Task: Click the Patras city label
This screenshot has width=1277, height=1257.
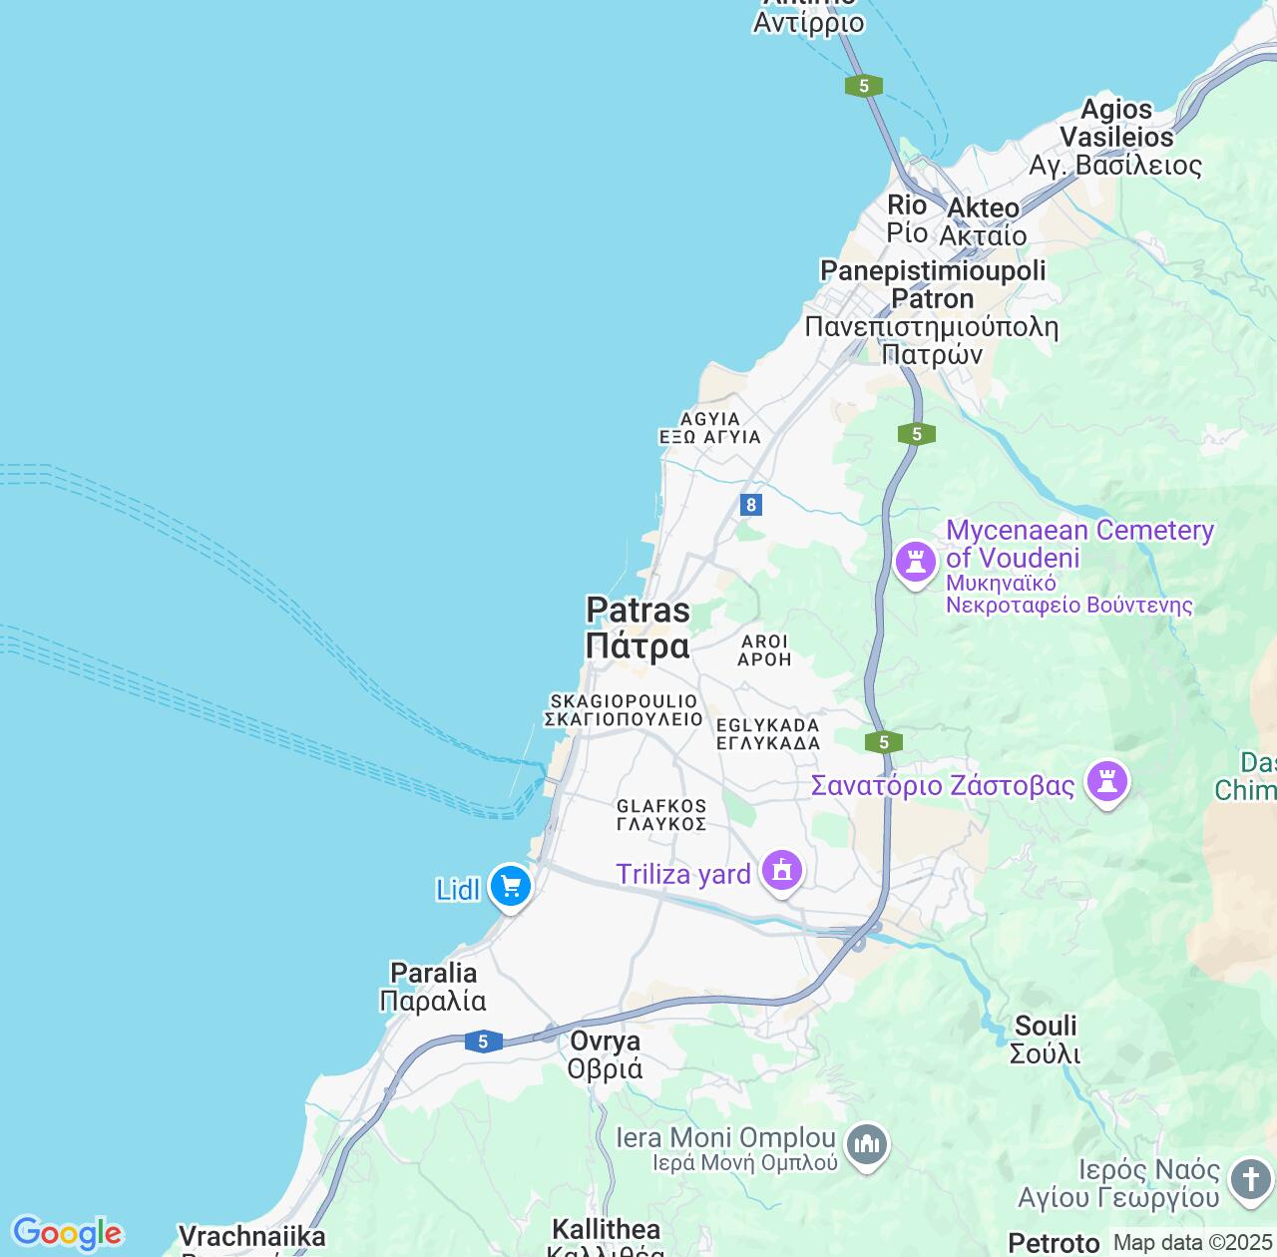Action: pos(638,628)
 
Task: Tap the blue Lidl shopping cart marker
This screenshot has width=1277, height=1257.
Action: pos(511,885)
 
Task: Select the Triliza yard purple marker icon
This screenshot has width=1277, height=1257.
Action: pos(782,871)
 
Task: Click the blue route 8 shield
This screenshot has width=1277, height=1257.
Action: pos(751,505)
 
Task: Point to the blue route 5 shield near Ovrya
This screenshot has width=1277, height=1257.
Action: pos(483,1042)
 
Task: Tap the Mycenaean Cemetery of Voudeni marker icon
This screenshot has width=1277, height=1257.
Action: pos(915,561)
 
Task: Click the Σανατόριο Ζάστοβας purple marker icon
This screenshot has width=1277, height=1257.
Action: pos(1106,781)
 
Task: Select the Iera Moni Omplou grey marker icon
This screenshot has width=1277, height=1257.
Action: pos(866,1144)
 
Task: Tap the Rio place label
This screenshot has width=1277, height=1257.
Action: pos(907,218)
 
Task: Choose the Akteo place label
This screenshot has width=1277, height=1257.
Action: pos(984,221)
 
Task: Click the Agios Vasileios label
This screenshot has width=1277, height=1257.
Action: pos(1116,137)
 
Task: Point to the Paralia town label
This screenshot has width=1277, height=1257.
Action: pos(433,987)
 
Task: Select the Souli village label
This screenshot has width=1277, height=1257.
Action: pos(1046,1040)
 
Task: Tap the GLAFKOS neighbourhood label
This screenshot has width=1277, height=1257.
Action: pos(661,815)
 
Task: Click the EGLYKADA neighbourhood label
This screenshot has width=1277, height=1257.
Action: pos(768,734)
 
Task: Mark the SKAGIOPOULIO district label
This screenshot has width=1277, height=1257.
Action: pos(624,710)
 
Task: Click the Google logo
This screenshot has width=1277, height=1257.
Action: pos(67,1233)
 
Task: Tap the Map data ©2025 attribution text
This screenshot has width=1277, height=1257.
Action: pos(1192,1243)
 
